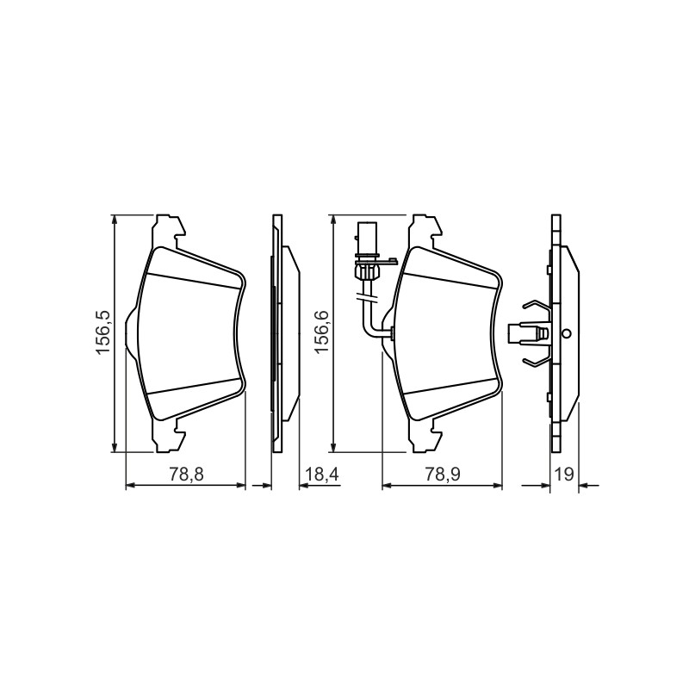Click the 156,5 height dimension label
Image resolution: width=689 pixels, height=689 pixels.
point(102,332)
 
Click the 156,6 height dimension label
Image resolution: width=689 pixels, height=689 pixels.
point(321,331)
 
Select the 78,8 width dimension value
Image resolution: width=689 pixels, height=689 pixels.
point(186,475)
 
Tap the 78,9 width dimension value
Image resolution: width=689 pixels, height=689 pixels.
point(443,475)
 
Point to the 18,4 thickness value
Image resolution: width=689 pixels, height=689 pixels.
point(322,475)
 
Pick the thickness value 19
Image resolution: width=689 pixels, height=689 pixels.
point(564,475)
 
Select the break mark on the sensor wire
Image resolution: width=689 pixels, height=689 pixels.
point(366,299)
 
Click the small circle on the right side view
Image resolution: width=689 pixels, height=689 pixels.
point(567,334)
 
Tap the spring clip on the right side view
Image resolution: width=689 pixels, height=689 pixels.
point(535,332)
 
